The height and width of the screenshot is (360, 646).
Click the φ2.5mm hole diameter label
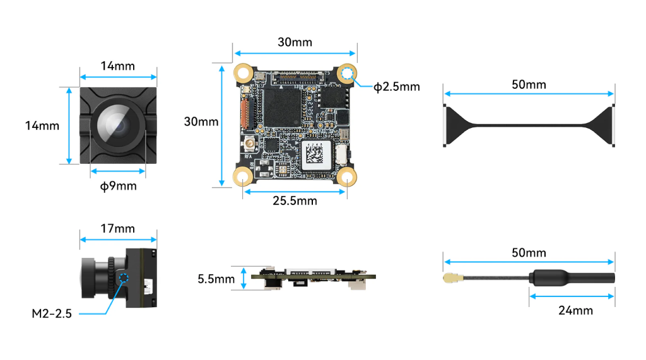coord(396,86)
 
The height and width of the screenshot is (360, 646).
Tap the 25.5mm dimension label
coord(295,200)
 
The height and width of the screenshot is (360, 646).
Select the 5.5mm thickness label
coord(216,279)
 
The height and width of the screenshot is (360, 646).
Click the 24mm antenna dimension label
coord(575,310)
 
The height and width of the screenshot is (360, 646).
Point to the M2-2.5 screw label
coord(52,313)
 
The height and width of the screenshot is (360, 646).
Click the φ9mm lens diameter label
coord(118,186)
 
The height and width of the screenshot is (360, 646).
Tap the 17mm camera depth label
coord(118,228)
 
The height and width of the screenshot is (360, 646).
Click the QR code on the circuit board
coord(315,154)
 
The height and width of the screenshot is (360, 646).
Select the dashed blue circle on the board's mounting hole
coord(348,73)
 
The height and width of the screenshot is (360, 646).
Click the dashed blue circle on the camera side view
coord(124,279)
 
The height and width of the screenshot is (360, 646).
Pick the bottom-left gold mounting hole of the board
coord(243,177)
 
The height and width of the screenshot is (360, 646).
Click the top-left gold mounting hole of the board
coord(243,73)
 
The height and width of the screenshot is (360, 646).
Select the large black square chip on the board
coord(282,108)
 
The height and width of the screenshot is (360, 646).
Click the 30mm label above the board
coord(295,42)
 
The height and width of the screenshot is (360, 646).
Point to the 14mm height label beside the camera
coord(42,125)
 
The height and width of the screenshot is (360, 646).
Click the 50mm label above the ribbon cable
coord(529,84)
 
